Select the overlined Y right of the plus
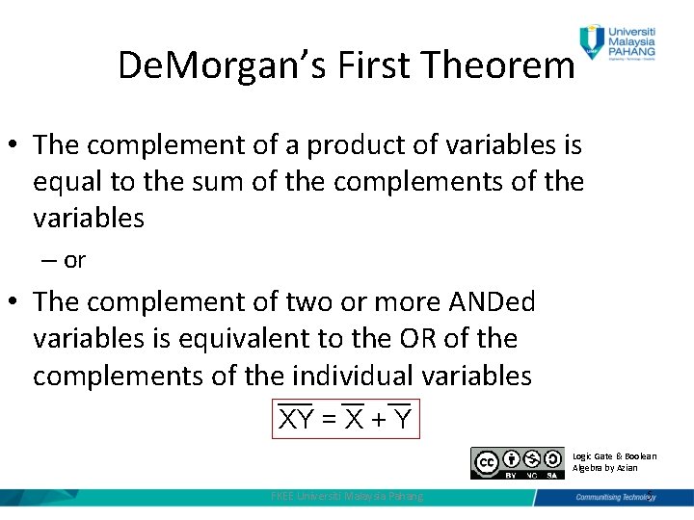[x=401, y=419]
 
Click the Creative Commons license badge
[x=517, y=462]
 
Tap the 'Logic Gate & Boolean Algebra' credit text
[x=614, y=461]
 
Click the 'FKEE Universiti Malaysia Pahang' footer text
[x=348, y=496]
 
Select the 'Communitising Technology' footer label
[x=612, y=497]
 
